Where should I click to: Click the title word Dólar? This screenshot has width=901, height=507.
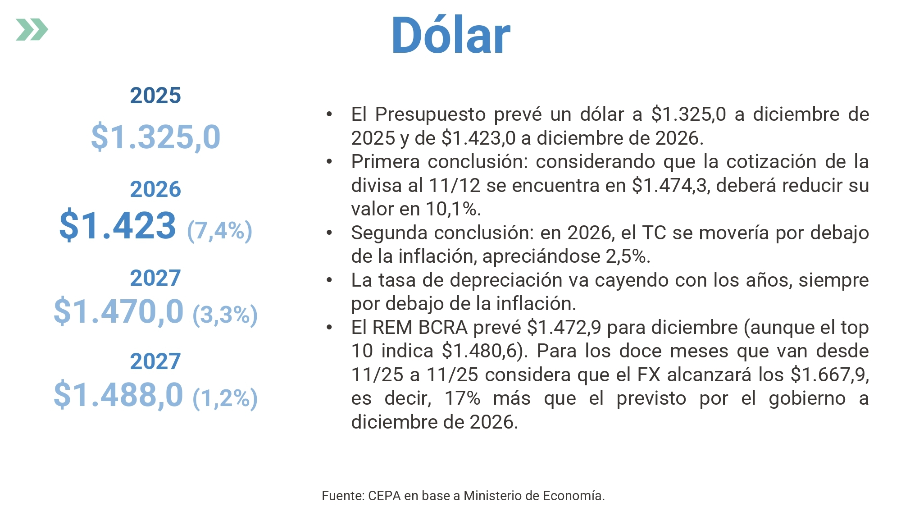click(450, 35)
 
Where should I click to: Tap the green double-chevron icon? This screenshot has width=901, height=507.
click(32, 30)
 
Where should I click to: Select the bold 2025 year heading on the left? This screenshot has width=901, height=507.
click(155, 96)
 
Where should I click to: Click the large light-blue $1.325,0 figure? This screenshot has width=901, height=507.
click(156, 137)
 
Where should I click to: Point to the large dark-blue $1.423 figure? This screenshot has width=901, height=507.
click(118, 225)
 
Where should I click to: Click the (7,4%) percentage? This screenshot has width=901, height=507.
click(219, 231)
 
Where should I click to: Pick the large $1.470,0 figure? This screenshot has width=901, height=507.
click(118, 311)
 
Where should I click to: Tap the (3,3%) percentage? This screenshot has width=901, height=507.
click(225, 315)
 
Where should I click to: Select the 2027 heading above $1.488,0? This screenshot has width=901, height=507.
click(155, 361)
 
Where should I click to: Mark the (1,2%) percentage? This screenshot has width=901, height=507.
click(225, 398)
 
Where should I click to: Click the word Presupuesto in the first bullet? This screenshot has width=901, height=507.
click(430, 114)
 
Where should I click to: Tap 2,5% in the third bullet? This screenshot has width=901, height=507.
click(626, 256)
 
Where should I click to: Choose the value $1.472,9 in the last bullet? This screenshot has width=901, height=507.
click(564, 328)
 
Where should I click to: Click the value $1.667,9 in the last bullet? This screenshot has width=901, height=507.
click(829, 375)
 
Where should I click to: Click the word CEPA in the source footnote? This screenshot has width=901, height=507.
click(384, 496)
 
